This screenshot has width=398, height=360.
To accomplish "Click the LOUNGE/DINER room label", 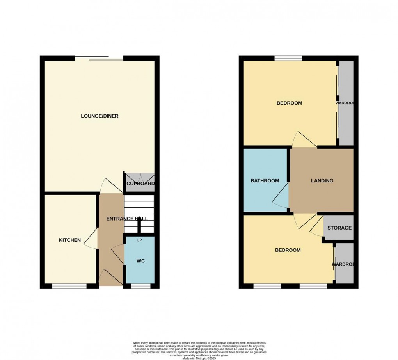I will pyautogui.click(x=99, y=116).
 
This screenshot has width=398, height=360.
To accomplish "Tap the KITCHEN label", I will pyautogui.click(x=70, y=240).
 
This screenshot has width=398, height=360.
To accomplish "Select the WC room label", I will pyautogui.click(x=140, y=260).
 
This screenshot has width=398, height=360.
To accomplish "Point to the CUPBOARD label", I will pyautogui.click(x=140, y=184).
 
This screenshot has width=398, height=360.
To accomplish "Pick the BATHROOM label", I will pyautogui.click(x=265, y=181).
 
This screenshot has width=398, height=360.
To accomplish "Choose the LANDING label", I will pyautogui.click(x=322, y=181).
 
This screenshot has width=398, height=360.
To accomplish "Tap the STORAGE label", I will pyautogui.click(x=339, y=228).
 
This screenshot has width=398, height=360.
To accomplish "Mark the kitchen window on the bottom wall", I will pyautogui.click(x=69, y=286).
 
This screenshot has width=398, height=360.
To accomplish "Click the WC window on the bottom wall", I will pyautogui.click(x=140, y=286).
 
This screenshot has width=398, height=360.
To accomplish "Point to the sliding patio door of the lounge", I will pyautogui.click(x=99, y=59).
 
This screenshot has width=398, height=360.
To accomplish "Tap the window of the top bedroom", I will pyautogui.click(x=288, y=59).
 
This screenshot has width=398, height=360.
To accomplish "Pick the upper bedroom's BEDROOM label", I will pyautogui.click(x=290, y=103).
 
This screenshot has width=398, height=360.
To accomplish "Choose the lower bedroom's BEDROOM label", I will pyautogui.click(x=288, y=250).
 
